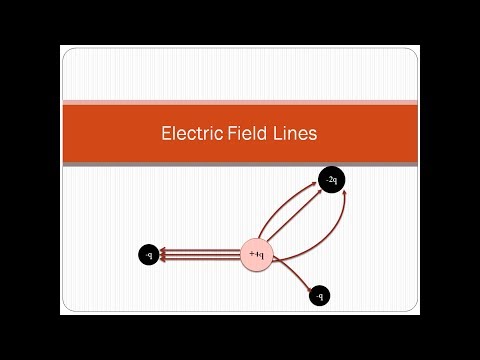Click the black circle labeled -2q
[331, 180]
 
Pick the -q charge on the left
[148, 256]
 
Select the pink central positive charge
[257, 256]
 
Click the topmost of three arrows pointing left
[200, 251]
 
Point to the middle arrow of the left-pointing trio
[200, 256]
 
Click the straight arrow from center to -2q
[295, 215]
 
